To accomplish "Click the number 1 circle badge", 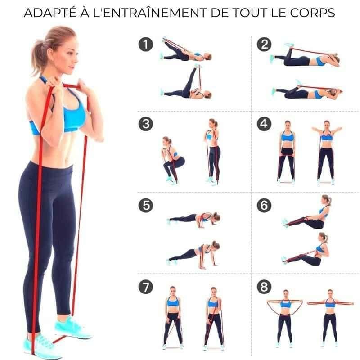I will coord(145,44).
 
